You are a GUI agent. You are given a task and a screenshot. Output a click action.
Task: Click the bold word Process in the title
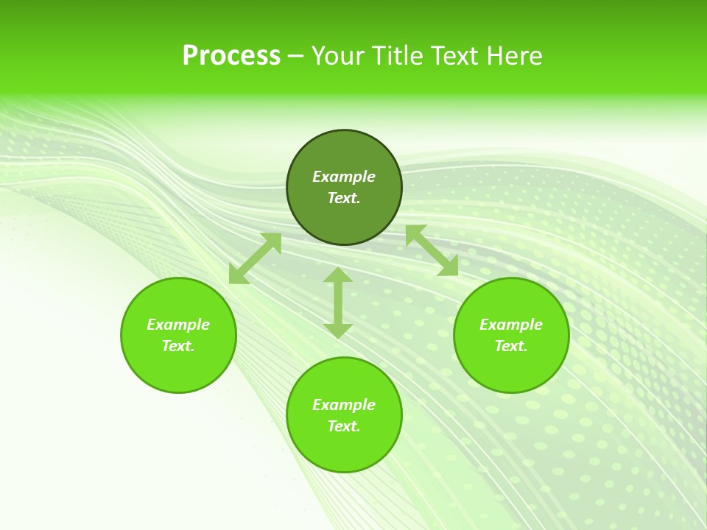point(231,56)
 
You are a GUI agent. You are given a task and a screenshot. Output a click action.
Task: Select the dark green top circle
point(344,213)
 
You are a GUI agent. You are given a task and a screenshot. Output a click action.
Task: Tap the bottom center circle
point(344,449)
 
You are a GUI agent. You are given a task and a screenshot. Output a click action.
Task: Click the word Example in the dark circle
point(344,177)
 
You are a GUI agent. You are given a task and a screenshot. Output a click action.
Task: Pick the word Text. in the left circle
point(178,346)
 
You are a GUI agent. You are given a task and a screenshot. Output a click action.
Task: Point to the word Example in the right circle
point(511,325)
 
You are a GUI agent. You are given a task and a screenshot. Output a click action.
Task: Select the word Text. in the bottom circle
point(344,426)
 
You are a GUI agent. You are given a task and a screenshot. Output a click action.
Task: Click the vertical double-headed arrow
point(338,303)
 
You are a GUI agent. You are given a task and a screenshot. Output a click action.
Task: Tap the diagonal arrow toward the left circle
point(255,258)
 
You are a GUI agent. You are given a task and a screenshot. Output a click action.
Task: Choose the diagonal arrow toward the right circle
point(432,250)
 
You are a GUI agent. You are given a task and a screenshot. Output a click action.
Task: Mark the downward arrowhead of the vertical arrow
point(338,331)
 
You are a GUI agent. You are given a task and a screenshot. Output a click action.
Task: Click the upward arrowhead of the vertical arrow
point(338,275)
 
